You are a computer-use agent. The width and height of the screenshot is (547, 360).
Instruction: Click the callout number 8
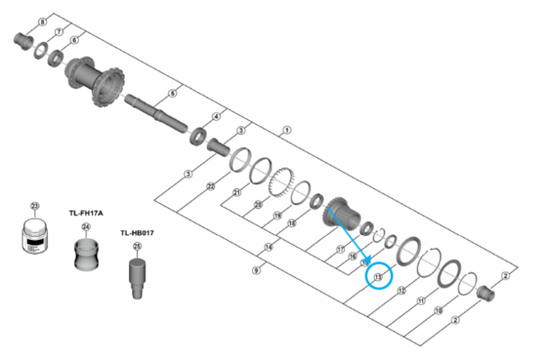[43, 21]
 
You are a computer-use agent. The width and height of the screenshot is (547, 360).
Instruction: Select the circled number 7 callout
[59, 31]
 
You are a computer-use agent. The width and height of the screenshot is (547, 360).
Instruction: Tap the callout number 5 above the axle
[172, 94]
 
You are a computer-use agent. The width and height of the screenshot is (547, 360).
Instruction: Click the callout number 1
[286, 130]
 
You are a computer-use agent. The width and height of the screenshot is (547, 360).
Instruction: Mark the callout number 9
[256, 269]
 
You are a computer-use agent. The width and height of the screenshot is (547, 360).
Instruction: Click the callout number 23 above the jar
[34, 206]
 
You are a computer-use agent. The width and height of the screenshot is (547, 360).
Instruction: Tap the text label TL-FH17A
[85, 212]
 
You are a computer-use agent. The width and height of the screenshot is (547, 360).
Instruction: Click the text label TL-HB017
[137, 233]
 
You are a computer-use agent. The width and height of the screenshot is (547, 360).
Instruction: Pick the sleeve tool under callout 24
[85, 255]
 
